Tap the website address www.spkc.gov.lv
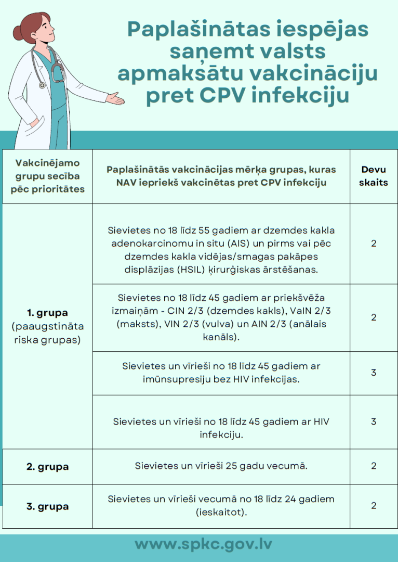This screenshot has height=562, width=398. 203,544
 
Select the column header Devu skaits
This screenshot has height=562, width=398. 374,176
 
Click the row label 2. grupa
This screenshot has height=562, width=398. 47,466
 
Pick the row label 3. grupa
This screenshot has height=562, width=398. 47,506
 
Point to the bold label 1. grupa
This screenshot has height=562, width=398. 47,313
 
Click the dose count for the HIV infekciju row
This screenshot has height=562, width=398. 374,421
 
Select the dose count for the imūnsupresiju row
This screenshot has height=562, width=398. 374,373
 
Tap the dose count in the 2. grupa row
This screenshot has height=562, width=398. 374,466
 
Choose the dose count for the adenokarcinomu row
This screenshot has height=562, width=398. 374,244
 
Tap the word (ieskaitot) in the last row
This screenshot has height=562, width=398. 221,512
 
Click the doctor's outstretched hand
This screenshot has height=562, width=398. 115,98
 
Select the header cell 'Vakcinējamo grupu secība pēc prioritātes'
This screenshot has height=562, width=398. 47,176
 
